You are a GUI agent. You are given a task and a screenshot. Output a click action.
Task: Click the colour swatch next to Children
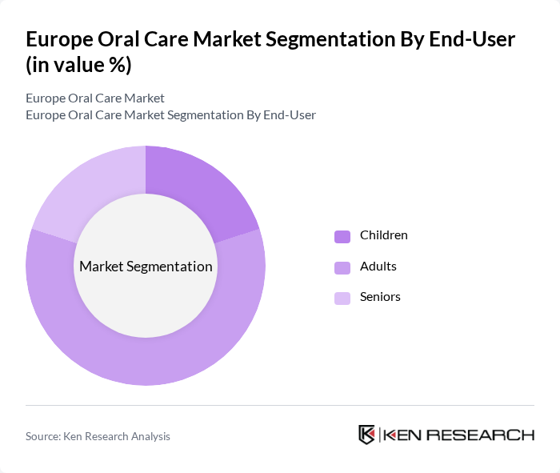[342, 236]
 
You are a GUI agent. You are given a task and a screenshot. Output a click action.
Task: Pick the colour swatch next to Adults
[342, 267]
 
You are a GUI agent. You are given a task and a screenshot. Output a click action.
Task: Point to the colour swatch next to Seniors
[342, 298]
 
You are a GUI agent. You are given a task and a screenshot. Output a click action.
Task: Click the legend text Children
[383, 235]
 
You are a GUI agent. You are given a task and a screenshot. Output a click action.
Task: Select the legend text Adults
[378, 266]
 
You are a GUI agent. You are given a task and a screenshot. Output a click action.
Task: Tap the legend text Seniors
[380, 297]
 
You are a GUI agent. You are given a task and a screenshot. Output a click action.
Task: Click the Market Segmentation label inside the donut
[146, 267]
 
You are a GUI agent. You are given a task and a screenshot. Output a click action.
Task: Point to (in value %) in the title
[78, 65]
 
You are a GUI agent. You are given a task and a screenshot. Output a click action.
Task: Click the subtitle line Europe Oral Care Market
[95, 98]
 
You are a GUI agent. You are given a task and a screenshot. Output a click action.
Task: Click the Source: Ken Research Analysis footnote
[98, 436]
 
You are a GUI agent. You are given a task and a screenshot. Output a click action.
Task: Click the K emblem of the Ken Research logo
[367, 435]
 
